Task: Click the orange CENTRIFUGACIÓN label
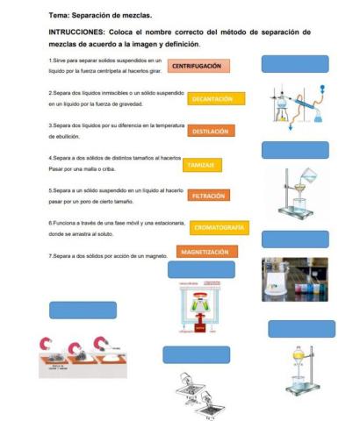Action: [x=198, y=66]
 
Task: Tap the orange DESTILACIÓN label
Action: [x=210, y=131]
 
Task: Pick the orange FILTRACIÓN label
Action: [x=208, y=196]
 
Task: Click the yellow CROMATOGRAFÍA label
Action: [x=218, y=228]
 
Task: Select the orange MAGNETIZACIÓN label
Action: [x=204, y=253]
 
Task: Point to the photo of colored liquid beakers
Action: [x=294, y=279]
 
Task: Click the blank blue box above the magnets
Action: [x=83, y=310]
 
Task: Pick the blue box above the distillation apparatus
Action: [x=295, y=62]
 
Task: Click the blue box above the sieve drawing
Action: [x=197, y=355]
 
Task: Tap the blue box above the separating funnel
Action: [x=301, y=329]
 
